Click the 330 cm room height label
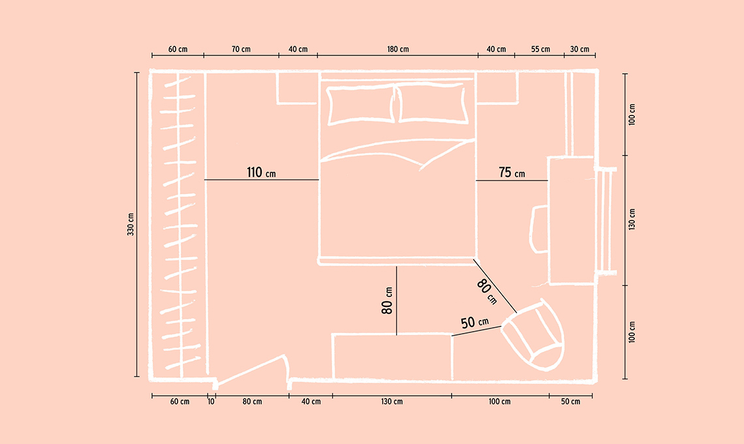click(x=131, y=224)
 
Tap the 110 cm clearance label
click(x=261, y=172)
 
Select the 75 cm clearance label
click(x=512, y=172)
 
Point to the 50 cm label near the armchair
click(x=474, y=323)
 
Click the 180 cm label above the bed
click(x=397, y=49)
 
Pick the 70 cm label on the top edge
click(x=241, y=49)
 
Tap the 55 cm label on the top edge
click(x=540, y=49)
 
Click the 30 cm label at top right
click(x=580, y=49)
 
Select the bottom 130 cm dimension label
click(x=392, y=402)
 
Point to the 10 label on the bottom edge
click(x=211, y=402)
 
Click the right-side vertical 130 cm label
click(x=632, y=219)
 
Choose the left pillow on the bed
click(x=362, y=105)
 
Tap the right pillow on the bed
click(x=432, y=103)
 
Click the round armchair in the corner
click(x=533, y=335)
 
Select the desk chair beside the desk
click(x=538, y=229)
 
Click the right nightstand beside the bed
click(x=497, y=88)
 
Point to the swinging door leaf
click(x=253, y=370)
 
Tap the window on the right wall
click(x=606, y=221)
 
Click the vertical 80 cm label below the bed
click(x=387, y=300)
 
